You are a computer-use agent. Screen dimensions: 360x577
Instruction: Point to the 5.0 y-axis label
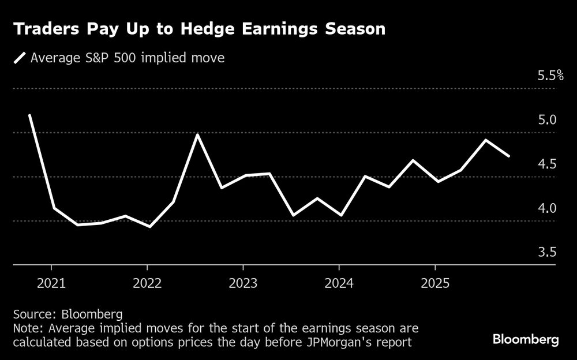546,120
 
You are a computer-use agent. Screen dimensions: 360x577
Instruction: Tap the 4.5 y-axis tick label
546,164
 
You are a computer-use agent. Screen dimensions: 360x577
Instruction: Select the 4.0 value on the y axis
546,208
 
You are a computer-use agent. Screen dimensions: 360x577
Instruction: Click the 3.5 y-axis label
546,253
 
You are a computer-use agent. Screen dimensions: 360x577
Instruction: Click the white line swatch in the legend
21,58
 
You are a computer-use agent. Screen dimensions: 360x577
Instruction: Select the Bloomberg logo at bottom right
526,340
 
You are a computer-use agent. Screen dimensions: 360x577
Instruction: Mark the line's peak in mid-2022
197,134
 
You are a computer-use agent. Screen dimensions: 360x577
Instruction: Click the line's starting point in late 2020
29,115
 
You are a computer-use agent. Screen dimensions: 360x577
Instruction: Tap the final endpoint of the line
508,156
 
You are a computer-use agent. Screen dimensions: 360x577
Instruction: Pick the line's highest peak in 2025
486,140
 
